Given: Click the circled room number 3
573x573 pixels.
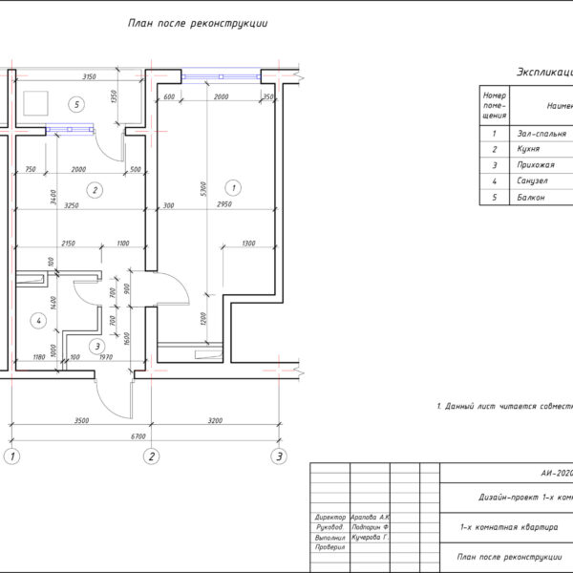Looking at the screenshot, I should [x=97, y=346].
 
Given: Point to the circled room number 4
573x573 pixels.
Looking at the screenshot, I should [x=39, y=321].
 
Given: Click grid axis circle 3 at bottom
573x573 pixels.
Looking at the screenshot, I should [x=279, y=456].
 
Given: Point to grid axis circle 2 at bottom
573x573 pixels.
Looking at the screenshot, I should [x=150, y=456].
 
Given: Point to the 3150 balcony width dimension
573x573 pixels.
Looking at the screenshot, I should [x=92, y=75].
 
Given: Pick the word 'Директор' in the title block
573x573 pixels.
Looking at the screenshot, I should [x=330, y=518].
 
